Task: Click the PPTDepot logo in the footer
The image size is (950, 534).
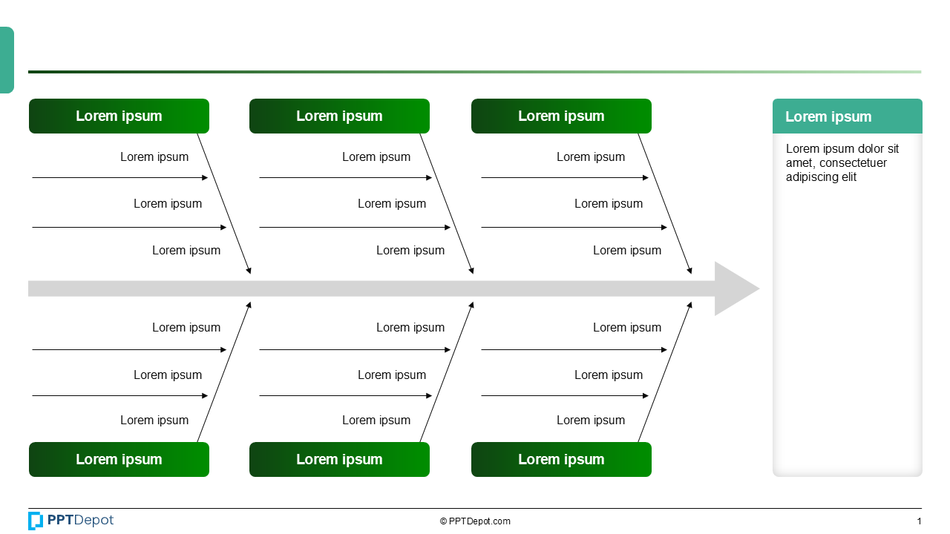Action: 71,521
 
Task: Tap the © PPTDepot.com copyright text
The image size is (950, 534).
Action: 475,521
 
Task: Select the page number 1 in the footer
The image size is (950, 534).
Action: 919,521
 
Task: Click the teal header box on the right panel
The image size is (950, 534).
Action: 847,116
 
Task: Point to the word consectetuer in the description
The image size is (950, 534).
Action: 853,163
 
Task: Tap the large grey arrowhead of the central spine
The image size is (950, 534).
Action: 734,289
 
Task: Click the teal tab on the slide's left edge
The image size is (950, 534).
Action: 7,60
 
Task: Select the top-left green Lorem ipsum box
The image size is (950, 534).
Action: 119,116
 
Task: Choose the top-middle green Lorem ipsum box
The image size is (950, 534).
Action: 339,116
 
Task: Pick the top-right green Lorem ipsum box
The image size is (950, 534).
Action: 561,116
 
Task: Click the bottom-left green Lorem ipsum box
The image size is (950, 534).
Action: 119,460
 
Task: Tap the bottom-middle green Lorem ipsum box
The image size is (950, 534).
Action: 339,460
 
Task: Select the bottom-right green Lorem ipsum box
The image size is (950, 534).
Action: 561,460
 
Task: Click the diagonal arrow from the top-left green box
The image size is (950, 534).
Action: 224,204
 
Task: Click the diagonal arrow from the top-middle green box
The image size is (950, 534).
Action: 447,204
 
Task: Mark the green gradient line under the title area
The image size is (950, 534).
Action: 475,72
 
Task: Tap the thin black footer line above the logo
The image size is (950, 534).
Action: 475,508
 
